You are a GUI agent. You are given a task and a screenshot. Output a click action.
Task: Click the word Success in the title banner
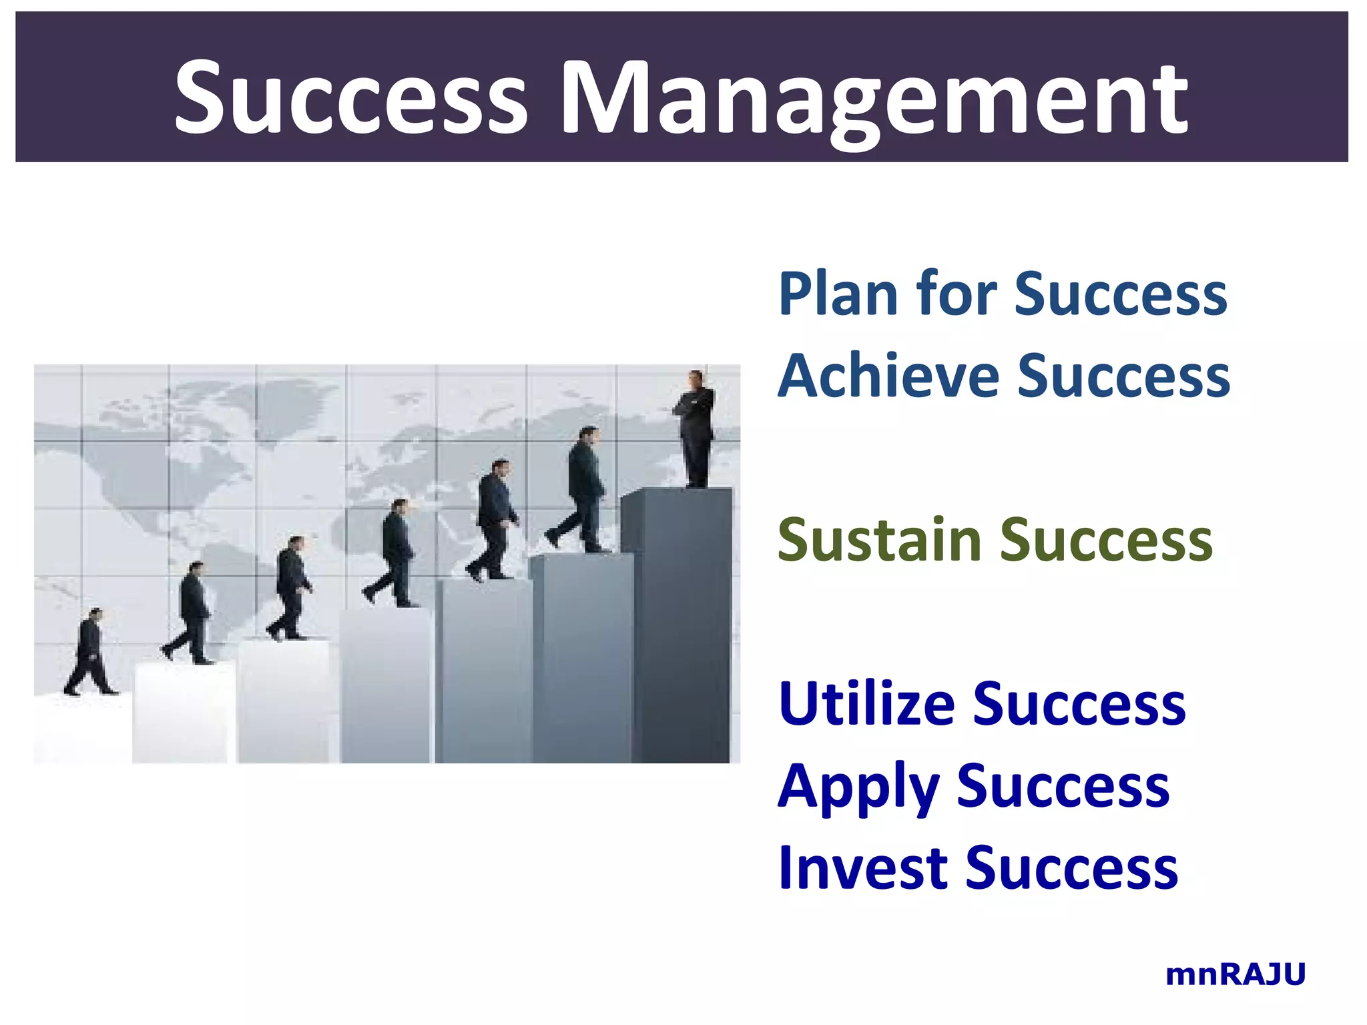coord(351,97)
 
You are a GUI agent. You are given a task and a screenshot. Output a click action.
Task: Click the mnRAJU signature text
coord(1235,974)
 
